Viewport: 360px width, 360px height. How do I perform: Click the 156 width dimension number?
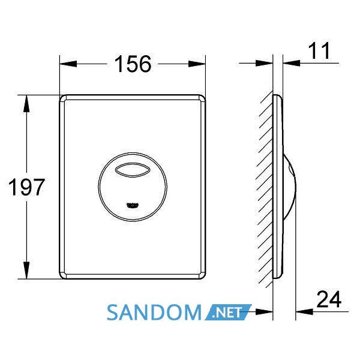click(133, 64)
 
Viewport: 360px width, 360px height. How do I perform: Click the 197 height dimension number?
click(26, 187)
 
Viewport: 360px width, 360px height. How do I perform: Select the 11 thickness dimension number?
click(319, 50)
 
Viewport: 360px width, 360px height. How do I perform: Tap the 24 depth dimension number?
click(329, 299)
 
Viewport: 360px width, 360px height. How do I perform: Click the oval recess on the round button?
click(133, 170)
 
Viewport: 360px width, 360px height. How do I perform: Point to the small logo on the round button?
click(133, 205)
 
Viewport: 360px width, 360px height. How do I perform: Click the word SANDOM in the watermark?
click(154, 313)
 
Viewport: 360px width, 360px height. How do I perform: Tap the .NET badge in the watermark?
click(227, 312)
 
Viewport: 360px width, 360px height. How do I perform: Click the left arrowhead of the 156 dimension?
click(68, 64)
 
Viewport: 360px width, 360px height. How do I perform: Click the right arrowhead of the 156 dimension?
click(197, 64)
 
